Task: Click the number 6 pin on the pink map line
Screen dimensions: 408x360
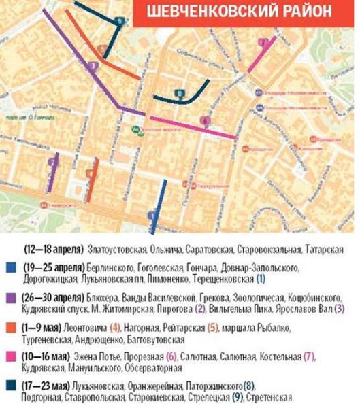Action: click(x=205, y=121)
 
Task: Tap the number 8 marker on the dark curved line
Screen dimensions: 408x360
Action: click(x=178, y=94)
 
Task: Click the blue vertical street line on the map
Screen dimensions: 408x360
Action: click(x=157, y=204)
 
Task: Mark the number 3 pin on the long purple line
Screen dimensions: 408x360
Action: click(x=93, y=66)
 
